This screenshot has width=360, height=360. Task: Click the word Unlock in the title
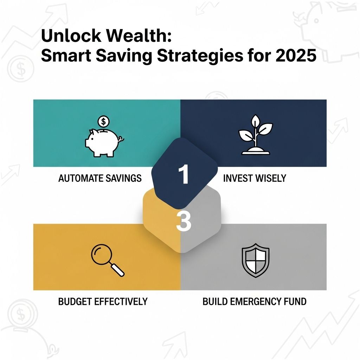[71, 36]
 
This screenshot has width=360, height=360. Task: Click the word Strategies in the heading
[200, 56]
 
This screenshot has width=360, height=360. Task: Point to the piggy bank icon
[104, 142]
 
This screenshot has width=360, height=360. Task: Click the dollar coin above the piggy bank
[104, 121]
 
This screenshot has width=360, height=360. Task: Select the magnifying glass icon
[108, 260]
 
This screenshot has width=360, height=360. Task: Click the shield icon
[256, 261]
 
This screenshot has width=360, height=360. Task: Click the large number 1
[184, 174]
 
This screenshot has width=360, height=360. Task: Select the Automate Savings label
[100, 178]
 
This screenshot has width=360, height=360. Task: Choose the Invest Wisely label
[255, 178]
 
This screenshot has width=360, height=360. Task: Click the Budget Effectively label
[103, 301]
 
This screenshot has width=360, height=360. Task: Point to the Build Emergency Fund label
[255, 301]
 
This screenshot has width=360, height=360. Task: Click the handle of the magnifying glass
[117, 270]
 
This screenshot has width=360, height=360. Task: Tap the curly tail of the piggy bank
[121, 139]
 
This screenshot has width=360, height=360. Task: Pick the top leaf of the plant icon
[255, 120]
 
